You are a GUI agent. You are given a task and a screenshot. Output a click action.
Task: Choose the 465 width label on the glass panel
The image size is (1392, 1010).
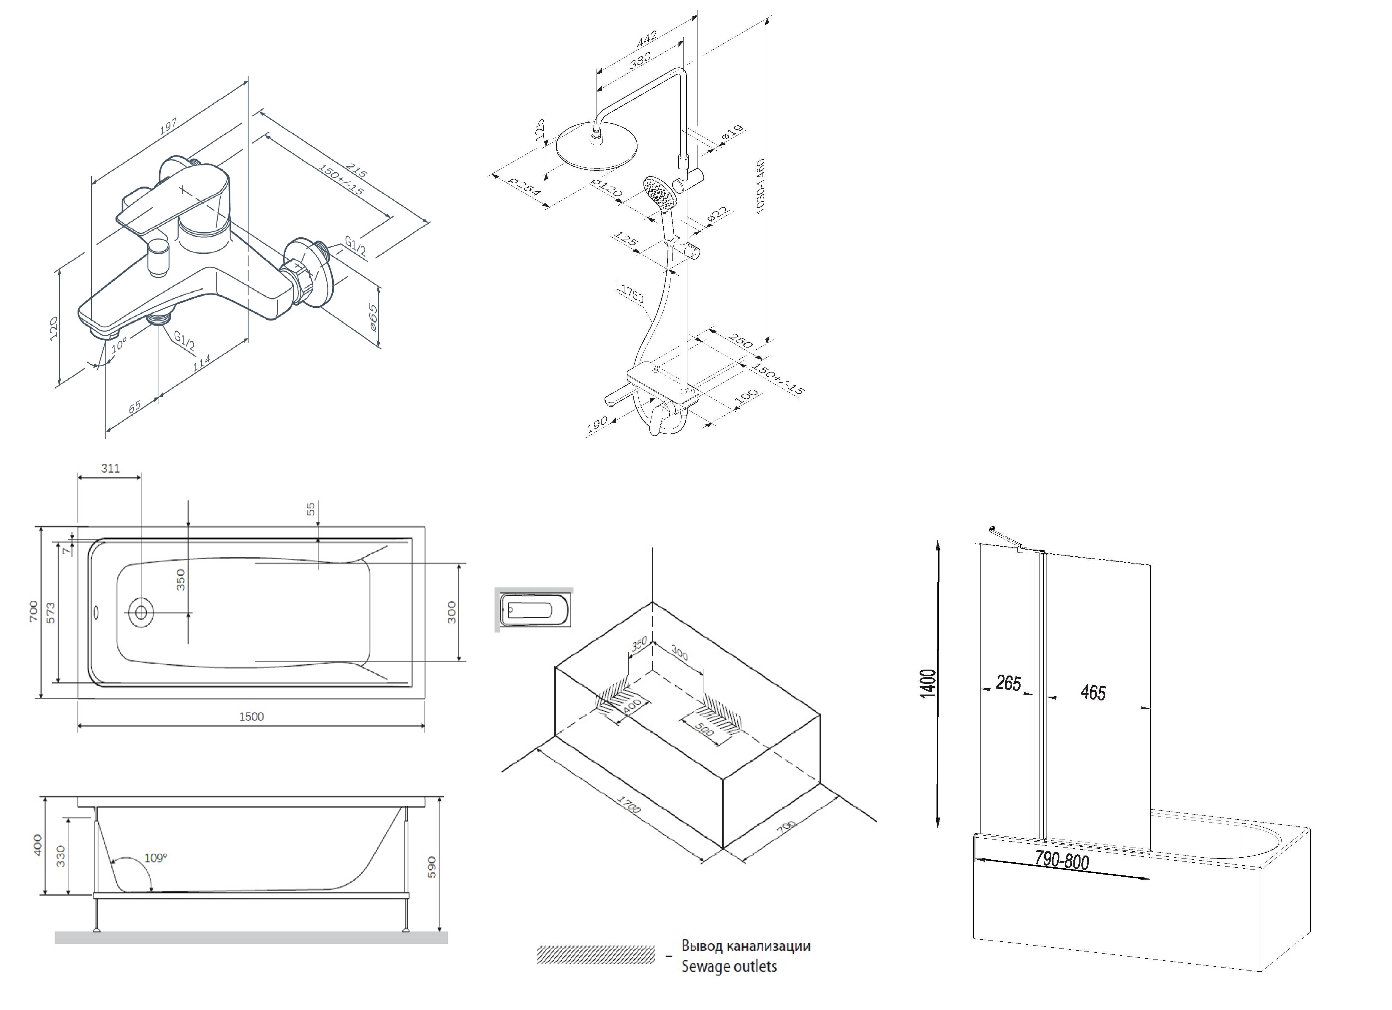click(1093, 692)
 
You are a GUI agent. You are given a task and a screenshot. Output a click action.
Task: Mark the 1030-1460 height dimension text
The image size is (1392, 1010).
click(761, 186)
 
